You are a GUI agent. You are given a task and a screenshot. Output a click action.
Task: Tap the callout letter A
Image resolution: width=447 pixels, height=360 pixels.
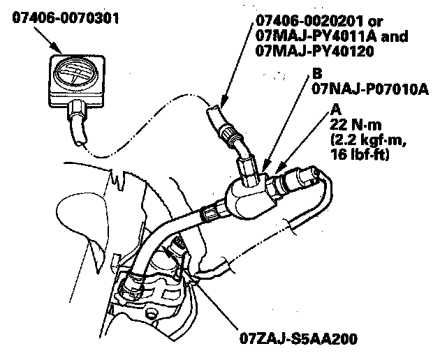point(337,110)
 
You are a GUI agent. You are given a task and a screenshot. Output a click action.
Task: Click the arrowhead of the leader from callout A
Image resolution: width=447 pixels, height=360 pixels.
point(278,169)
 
